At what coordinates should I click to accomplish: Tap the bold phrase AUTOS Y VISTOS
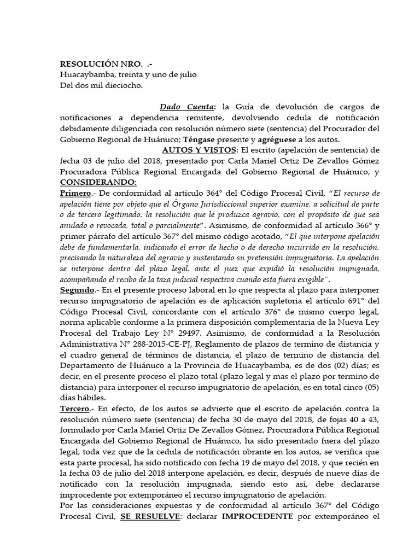click(200, 150)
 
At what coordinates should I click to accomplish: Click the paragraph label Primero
click(75, 193)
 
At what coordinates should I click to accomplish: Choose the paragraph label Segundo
click(77, 289)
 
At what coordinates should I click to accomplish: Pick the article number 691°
click(353, 301)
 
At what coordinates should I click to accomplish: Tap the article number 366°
click(354, 225)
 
